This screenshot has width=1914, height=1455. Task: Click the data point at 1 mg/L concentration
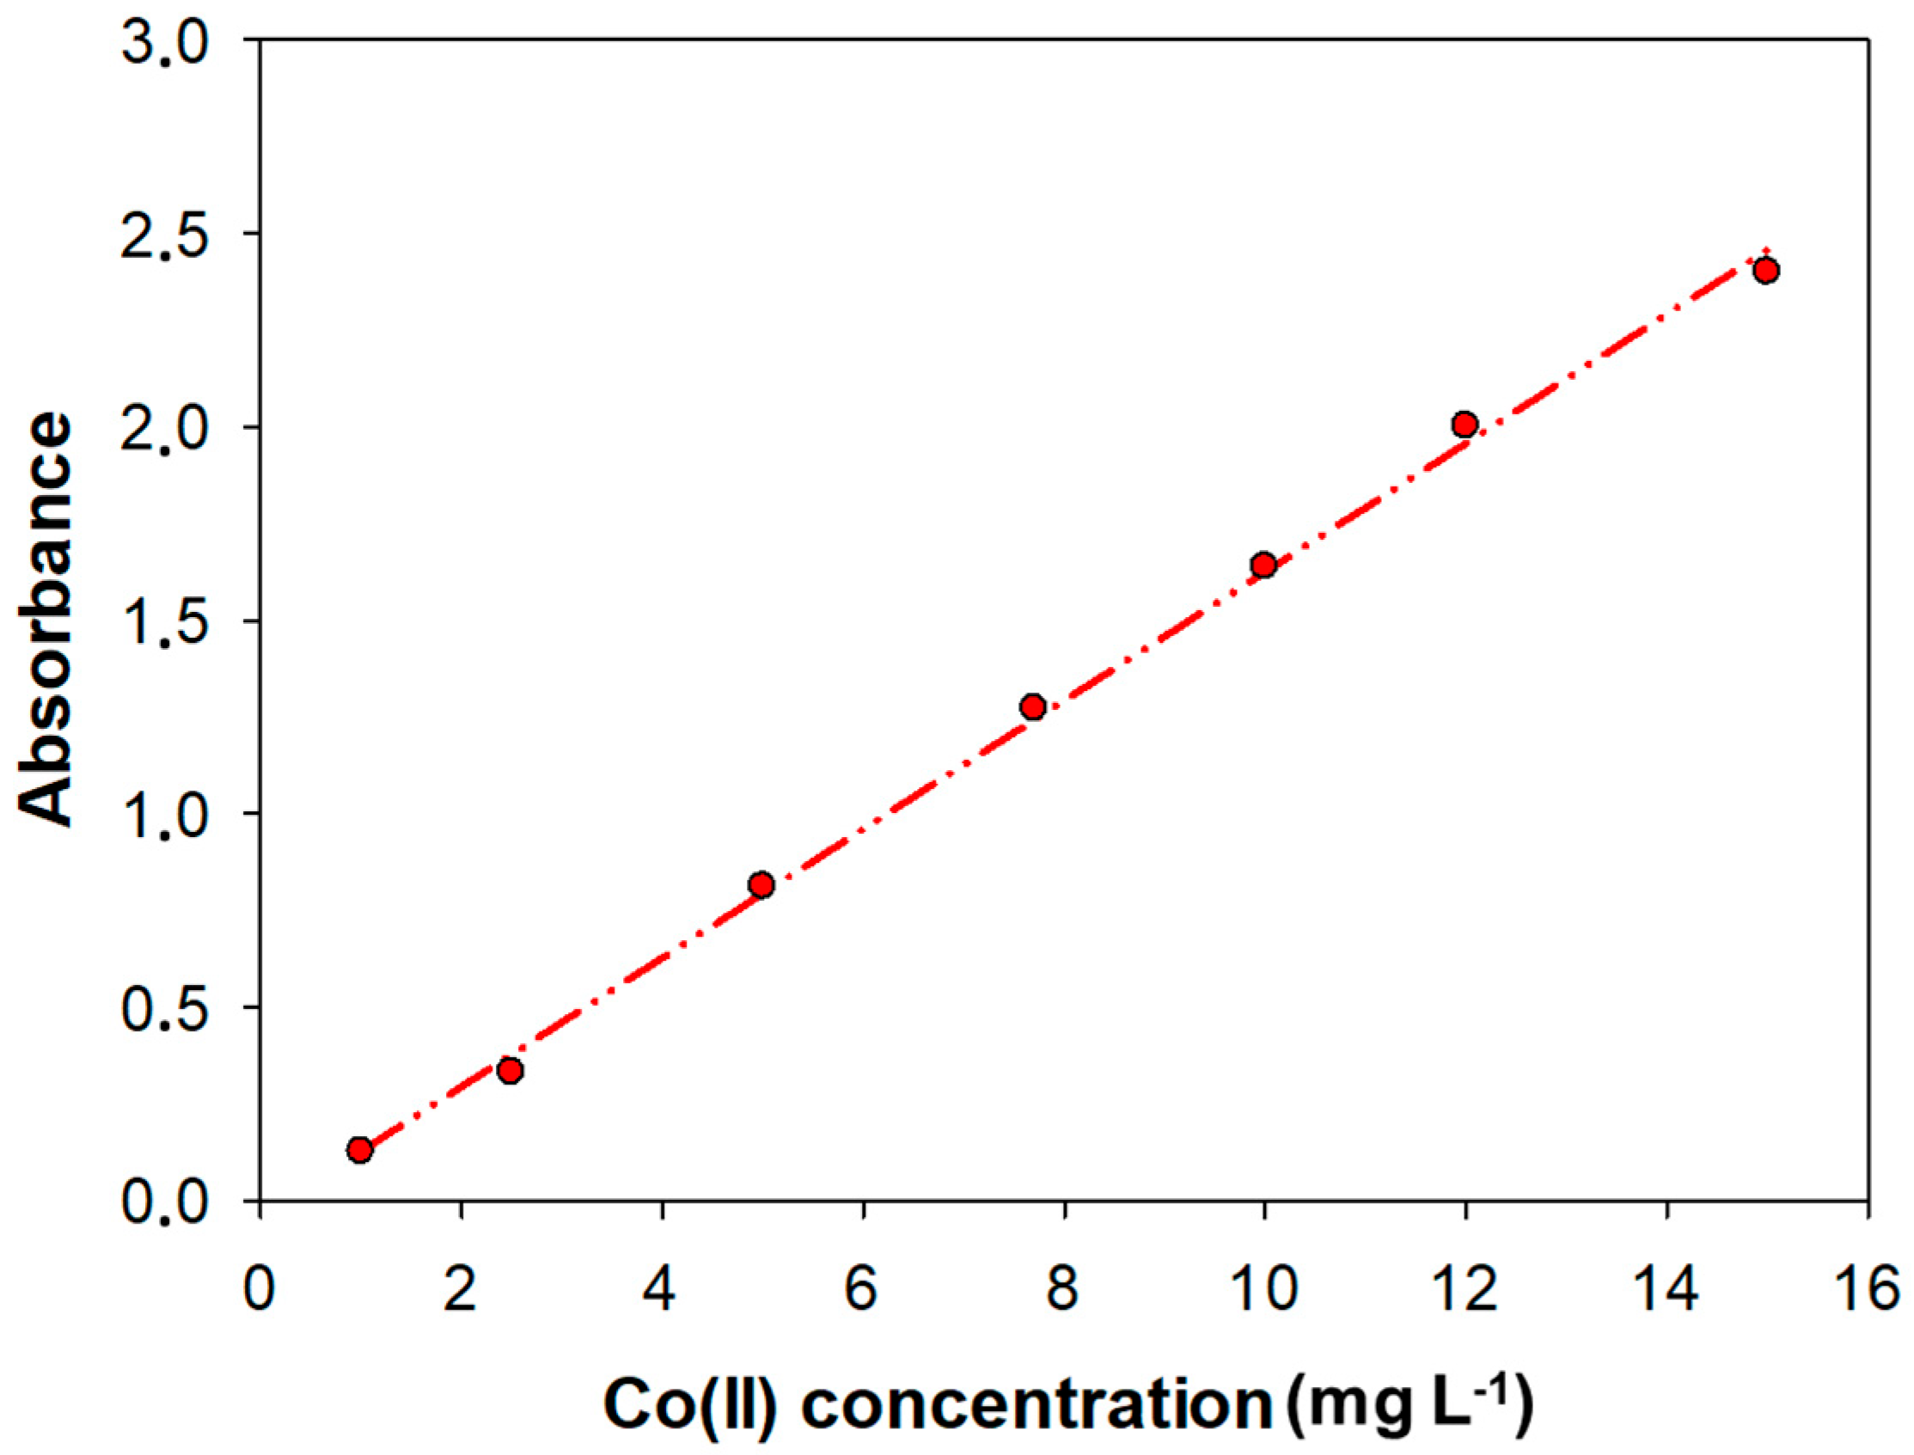pos(359,1150)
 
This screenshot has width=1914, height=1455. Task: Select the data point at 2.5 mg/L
pos(511,1071)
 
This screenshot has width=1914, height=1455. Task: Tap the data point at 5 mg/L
pos(761,884)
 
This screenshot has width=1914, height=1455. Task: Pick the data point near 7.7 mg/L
pos(1032,706)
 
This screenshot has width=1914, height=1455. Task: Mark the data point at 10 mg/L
pos(1263,565)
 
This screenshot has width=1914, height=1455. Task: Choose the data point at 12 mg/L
pos(1465,425)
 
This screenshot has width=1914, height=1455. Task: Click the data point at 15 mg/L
pos(1766,270)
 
